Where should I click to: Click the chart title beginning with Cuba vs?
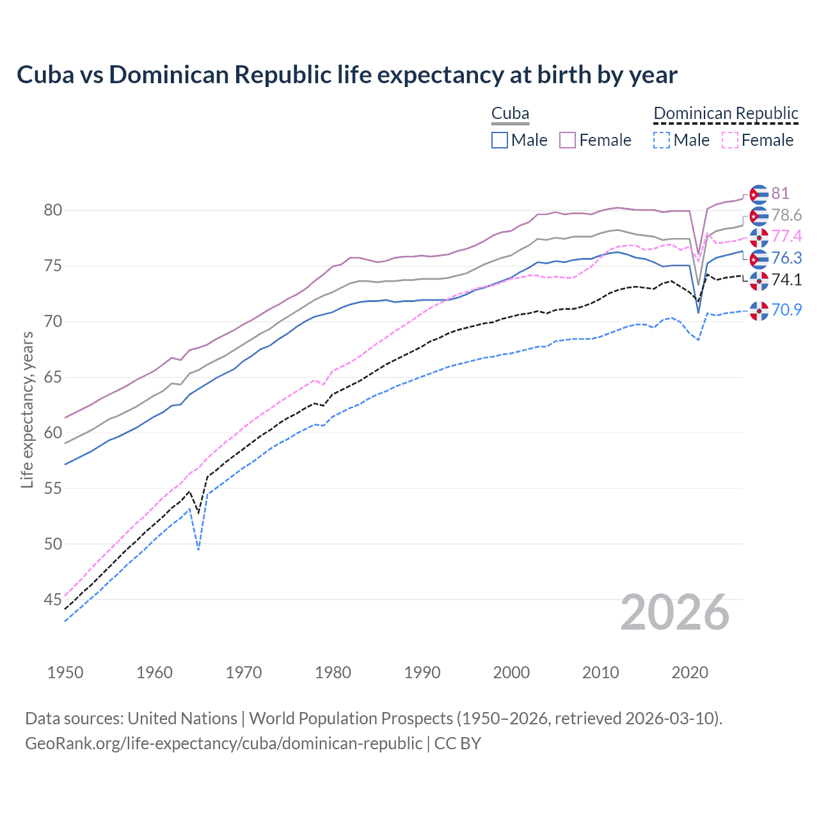click(x=346, y=75)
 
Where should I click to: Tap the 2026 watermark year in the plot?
click(x=674, y=612)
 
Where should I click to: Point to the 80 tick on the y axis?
click(x=52, y=211)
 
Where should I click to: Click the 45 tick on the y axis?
click(x=52, y=600)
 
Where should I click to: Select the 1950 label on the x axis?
click(x=65, y=672)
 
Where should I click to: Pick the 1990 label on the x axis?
click(x=422, y=672)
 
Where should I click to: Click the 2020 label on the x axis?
click(x=690, y=672)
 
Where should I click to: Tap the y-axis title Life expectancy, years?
click(x=27, y=409)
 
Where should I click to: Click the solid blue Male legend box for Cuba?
click(x=500, y=140)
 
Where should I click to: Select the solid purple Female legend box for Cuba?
click(x=568, y=140)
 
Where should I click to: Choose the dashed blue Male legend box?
click(x=662, y=140)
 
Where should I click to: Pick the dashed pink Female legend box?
click(x=730, y=140)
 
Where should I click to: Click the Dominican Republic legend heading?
click(x=726, y=113)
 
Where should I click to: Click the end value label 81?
click(x=780, y=193)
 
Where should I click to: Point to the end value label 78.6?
click(x=786, y=215)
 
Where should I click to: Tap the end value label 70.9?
click(x=786, y=310)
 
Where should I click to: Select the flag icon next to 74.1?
click(x=759, y=280)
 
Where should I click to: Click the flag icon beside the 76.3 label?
click(x=759, y=258)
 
